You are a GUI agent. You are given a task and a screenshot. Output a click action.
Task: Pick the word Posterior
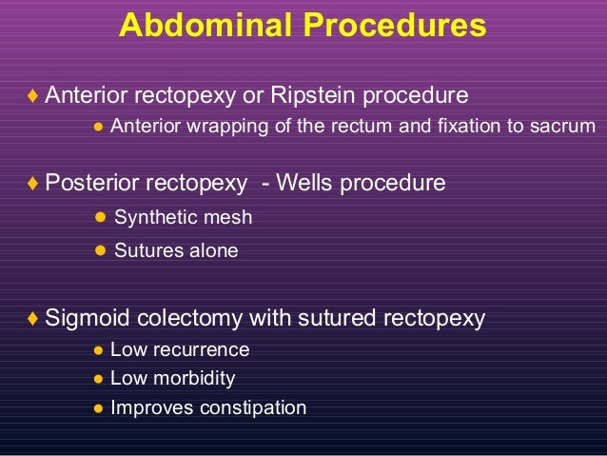coord(93,182)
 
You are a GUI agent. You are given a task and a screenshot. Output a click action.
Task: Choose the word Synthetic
coord(156,217)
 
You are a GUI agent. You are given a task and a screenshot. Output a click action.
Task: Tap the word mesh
coord(227,217)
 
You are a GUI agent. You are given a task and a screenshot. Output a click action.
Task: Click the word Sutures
coord(147,251)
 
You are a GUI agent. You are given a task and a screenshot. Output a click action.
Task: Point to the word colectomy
coord(191,317)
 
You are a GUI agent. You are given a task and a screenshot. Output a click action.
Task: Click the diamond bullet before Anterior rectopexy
coord(33,96)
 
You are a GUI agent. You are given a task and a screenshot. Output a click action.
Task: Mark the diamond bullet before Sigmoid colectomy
coord(33,318)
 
